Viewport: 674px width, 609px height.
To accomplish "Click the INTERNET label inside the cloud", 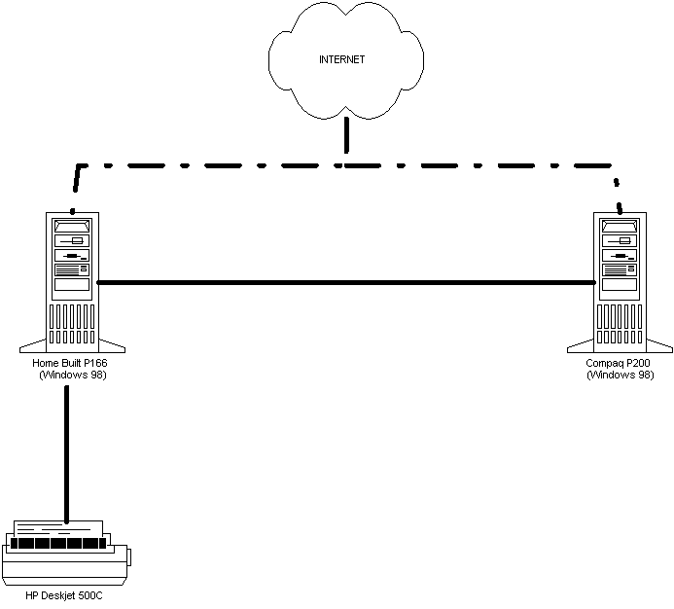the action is pos(341,59).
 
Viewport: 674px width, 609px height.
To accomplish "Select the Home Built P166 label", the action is pos(70,363).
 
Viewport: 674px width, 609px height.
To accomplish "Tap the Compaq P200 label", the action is pos(618,363).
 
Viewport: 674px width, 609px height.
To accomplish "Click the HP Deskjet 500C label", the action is pos(64,595).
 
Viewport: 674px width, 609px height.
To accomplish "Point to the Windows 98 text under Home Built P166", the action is pos(73,375).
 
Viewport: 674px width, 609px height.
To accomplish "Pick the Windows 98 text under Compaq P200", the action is pos(621,375).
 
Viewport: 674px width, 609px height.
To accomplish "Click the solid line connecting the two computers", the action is pos(346,282).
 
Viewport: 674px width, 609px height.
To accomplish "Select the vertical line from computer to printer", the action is pos(67,454).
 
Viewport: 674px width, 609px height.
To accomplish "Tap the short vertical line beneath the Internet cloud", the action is pos(346,134).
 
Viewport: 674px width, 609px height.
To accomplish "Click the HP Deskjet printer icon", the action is pos(66,554).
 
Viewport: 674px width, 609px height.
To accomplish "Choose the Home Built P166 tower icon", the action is pos(72,282).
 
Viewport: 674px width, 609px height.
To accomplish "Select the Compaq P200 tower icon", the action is pos(620,282).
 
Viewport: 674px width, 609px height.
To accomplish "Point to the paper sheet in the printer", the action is pos(58,529).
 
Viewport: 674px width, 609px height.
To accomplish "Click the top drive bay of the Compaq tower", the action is pos(620,226).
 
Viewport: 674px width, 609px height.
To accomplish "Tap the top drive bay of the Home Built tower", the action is pos(72,226).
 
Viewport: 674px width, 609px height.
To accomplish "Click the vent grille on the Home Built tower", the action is pos(72,324).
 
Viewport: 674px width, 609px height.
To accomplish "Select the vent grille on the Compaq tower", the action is pos(620,324).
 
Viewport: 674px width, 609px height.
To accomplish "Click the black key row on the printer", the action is pos(58,543).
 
